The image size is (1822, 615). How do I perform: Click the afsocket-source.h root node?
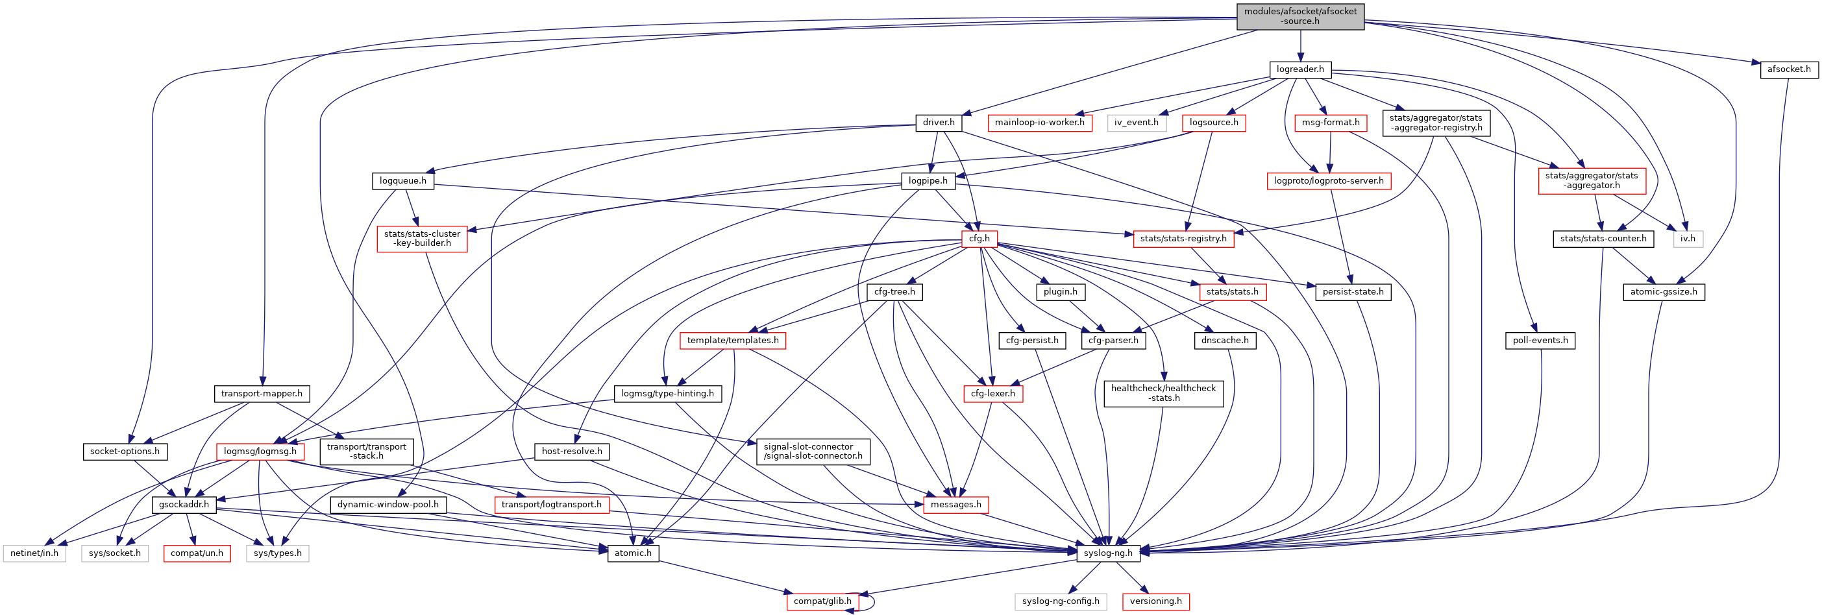[x=1300, y=16]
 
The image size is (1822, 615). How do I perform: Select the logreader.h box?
[x=1300, y=69]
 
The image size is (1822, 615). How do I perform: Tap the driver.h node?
[x=939, y=123]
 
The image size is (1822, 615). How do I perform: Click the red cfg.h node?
[x=979, y=239]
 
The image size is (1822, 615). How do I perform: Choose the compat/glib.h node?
[x=822, y=601]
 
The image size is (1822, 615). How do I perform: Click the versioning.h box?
[x=1156, y=601]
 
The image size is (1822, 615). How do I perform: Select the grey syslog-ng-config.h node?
[x=1060, y=601]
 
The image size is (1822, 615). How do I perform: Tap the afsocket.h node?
[x=1789, y=69]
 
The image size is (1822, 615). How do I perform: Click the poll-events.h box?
[x=1540, y=341]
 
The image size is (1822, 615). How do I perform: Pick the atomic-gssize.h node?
[x=1664, y=292]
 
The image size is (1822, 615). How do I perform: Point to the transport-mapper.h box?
[x=261, y=394]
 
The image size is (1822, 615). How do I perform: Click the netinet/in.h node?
[x=34, y=553]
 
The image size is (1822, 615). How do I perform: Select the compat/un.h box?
[x=197, y=553]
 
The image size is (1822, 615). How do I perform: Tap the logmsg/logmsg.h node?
[x=260, y=452]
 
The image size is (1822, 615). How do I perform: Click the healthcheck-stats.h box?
[x=1164, y=394]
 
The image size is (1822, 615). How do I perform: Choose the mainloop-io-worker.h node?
[x=1039, y=123]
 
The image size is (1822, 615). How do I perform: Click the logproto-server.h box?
[x=1328, y=181]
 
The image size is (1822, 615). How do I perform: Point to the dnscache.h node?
[x=1225, y=341]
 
